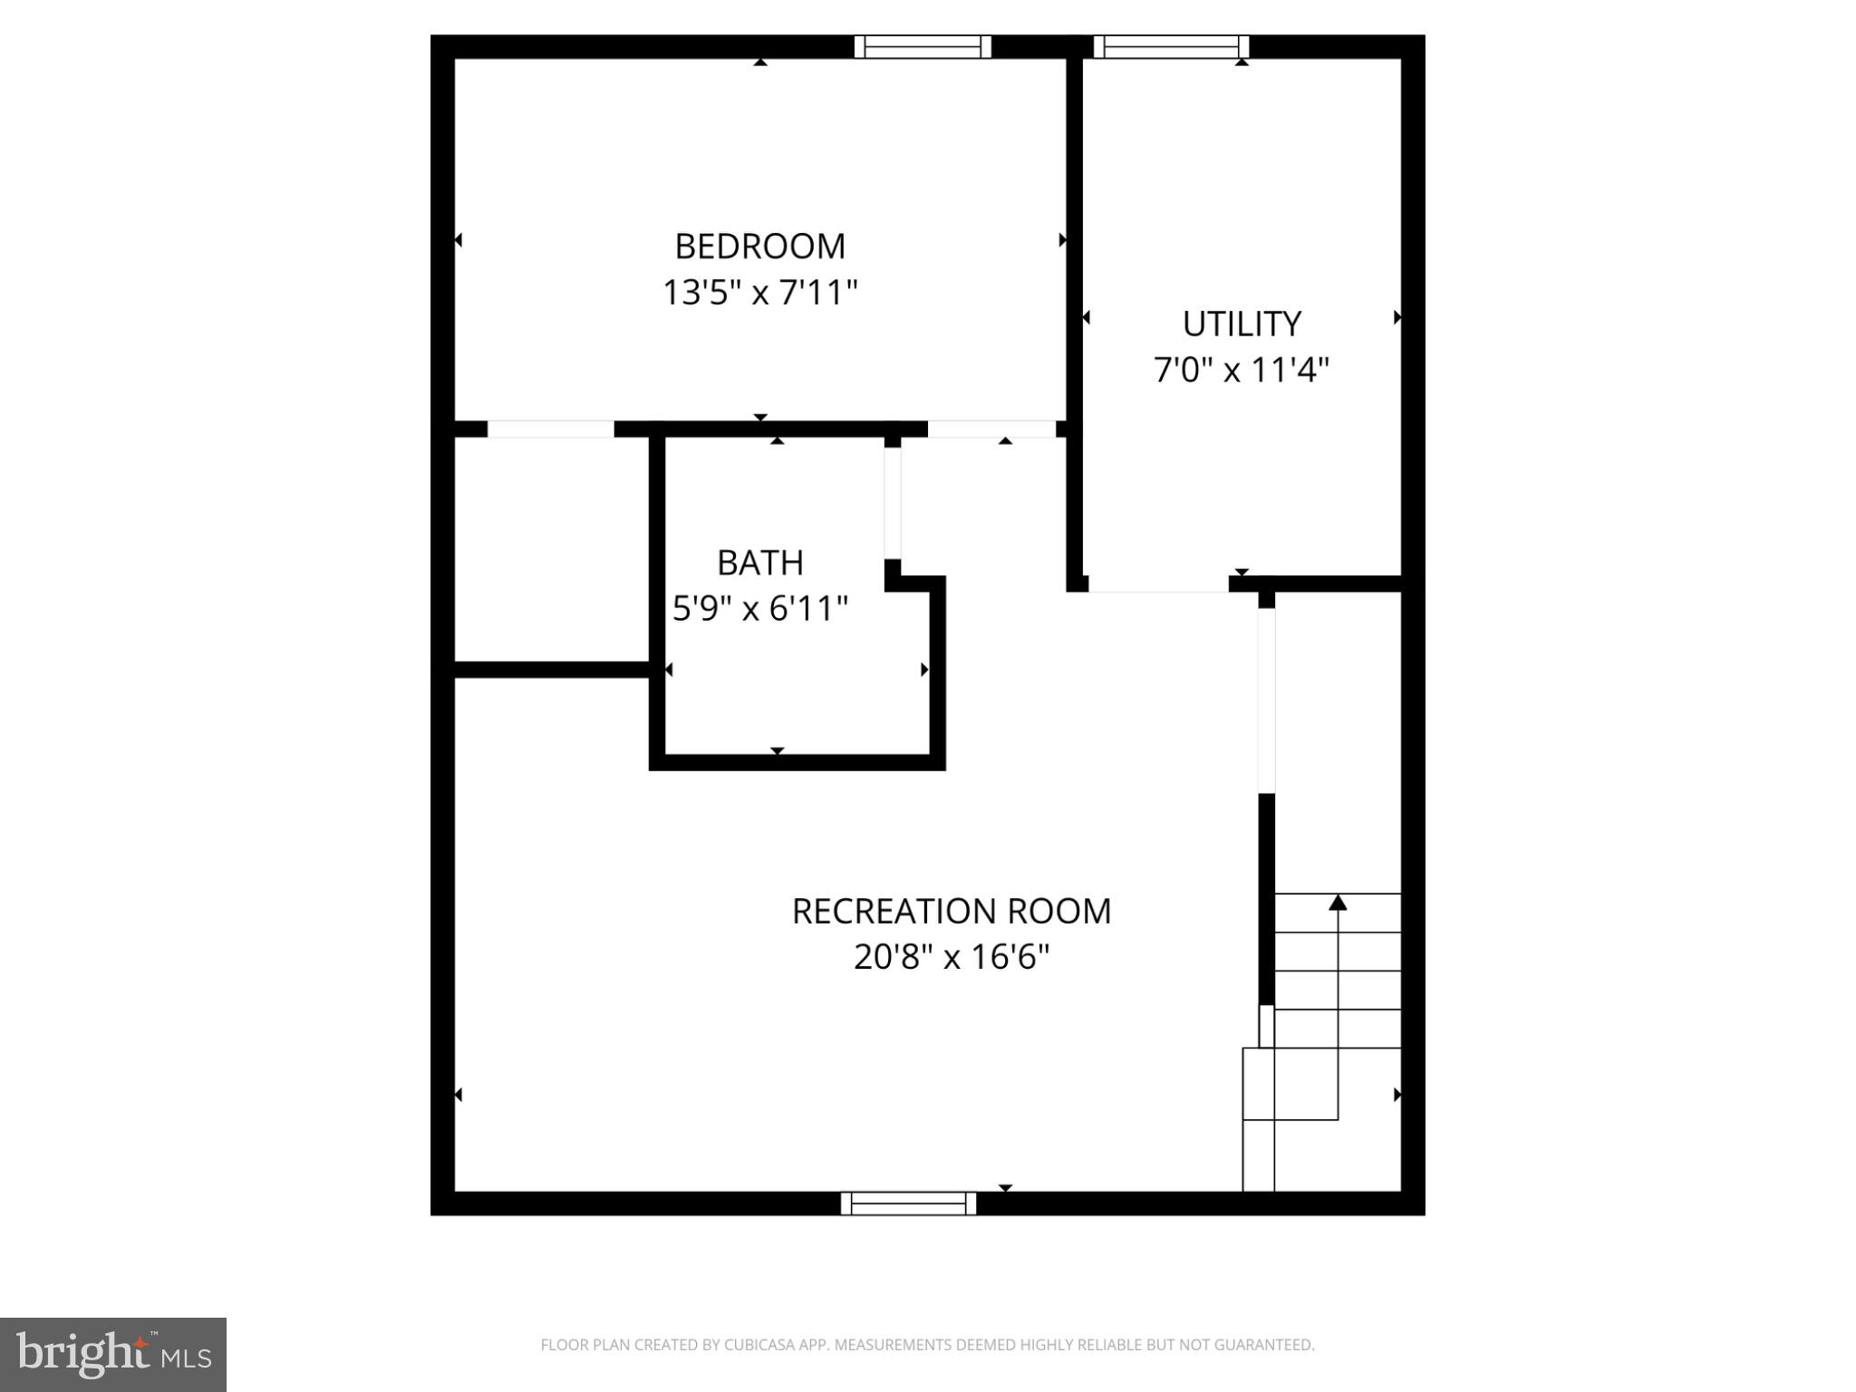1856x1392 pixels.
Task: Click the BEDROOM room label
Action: coord(759,246)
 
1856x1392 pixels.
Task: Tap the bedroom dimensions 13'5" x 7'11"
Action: coord(759,293)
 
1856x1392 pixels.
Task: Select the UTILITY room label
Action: coord(1241,324)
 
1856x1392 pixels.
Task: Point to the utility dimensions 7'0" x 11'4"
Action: coord(1241,370)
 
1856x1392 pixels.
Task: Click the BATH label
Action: coord(759,563)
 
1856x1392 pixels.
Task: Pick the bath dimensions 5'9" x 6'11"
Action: coord(759,608)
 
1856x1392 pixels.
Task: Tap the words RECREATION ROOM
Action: coord(951,911)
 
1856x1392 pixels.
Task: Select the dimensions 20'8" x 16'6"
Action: coord(951,957)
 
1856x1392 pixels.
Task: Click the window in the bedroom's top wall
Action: coord(923,47)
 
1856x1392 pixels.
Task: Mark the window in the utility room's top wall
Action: coord(1170,47)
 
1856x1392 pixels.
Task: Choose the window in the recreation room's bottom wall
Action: coord(908,1203)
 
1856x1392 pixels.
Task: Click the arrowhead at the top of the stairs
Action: coord(1338,903)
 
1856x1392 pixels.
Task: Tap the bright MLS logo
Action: coord(113,1354)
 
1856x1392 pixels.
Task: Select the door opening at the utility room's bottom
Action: coord(1157,585)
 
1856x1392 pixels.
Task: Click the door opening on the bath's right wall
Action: coord(893,503)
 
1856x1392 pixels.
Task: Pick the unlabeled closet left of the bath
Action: coord(551,549)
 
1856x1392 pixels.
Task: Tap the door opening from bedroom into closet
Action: coord(550,429)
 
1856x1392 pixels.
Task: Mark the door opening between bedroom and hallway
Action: coord(991,429)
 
